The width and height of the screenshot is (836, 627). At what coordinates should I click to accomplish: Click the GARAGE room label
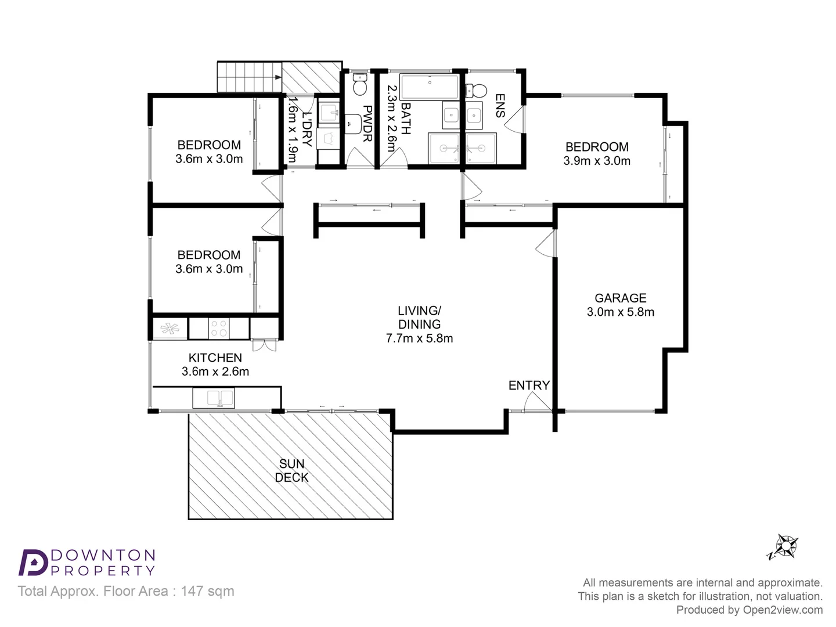tap(620, 298)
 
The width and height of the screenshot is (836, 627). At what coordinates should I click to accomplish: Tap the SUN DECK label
tap(291, 470)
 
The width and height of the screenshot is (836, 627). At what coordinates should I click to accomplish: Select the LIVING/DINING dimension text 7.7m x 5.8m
tap(419, 338)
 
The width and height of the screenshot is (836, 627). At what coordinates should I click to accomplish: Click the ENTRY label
tap(529, 385)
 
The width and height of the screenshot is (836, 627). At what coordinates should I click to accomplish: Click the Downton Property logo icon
tap(34, 562)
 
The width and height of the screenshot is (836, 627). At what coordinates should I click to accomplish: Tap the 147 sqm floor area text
tap(207, 591)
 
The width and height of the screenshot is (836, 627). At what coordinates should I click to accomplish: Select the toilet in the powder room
tap(360, 85)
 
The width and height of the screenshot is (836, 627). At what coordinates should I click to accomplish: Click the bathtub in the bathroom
tap(430, 87)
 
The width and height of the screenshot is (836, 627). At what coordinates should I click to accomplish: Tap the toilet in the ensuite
tap(477, 91)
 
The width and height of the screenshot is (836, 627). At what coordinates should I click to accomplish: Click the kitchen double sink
tap(214, 398)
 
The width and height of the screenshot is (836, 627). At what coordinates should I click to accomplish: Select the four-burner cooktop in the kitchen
tap(219, 329)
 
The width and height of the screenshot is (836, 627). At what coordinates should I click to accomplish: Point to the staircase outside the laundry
tap(248, 77)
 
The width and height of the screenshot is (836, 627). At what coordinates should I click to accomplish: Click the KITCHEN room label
tap(215, 358)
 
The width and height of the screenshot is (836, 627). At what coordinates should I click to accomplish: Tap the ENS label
tap(499, 106)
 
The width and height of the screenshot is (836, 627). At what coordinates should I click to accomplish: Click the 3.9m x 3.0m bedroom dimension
tap(597, 161)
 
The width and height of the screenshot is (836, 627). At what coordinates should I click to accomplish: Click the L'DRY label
tap(307, 129)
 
